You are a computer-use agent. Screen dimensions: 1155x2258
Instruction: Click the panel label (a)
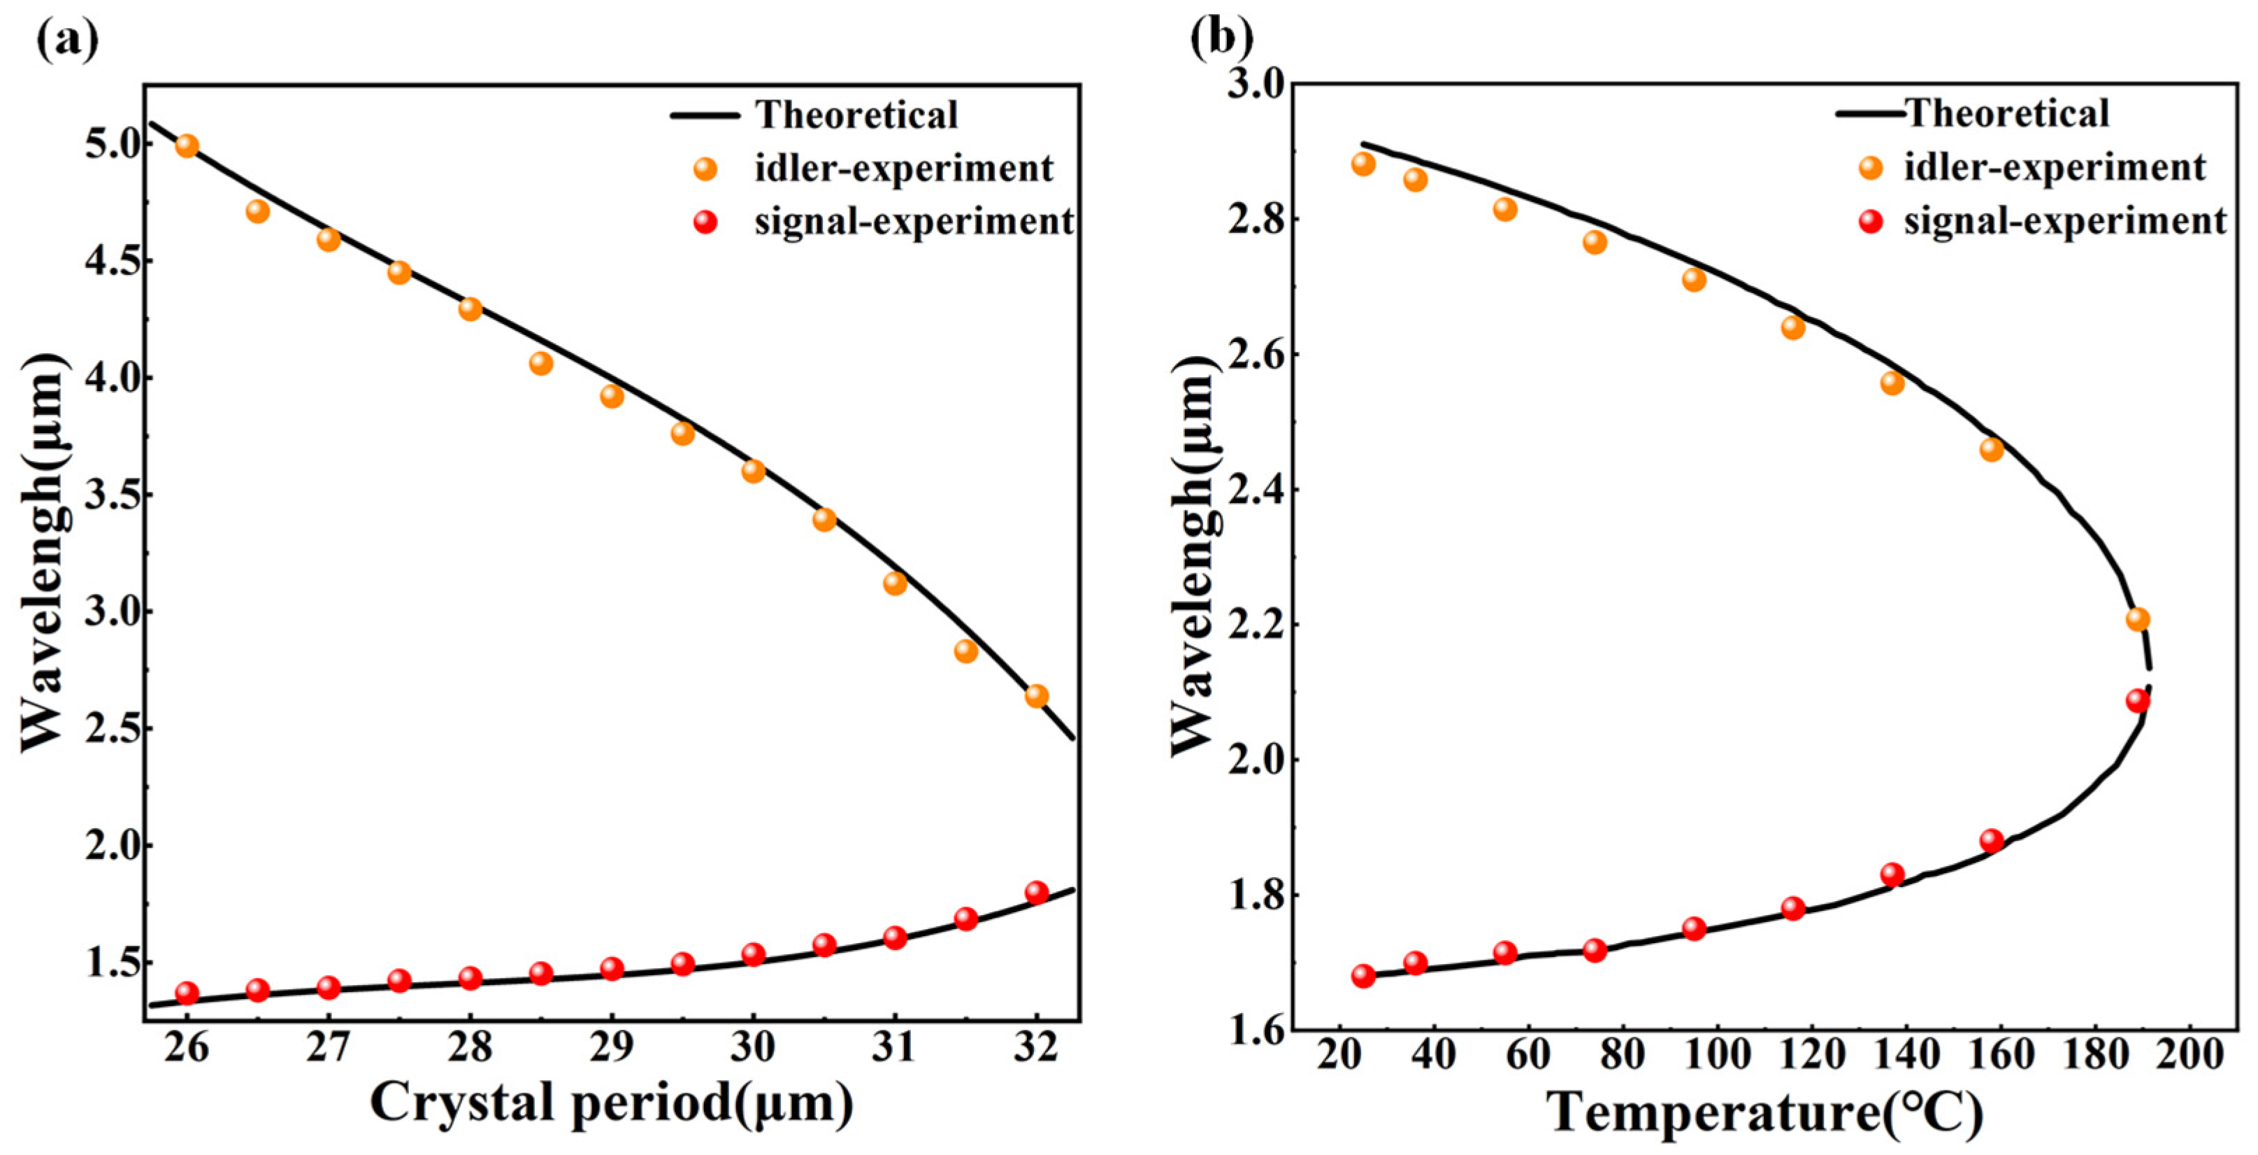click(66, 38)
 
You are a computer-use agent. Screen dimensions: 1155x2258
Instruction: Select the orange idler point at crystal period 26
click(187, 146)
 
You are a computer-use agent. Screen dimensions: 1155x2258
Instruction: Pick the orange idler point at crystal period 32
click(1036, 695)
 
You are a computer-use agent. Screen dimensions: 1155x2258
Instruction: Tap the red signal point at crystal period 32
click(1036, 892)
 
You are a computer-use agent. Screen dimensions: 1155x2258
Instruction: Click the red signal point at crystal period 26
click(187, 993)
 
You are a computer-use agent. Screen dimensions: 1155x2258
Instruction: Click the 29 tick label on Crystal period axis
click(611, 1048)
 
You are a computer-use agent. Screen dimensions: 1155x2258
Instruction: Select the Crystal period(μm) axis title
click(611, 1103)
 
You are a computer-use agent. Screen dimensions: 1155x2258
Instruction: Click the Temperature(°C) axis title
click(1764, 1112)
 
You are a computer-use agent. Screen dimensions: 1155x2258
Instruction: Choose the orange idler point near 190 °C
click(2138, 619)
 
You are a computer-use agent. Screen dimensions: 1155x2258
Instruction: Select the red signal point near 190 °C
click(2138, 700)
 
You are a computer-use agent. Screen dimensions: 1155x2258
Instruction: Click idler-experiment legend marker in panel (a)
click(705, 169)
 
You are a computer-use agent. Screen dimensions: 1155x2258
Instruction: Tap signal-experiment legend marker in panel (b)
click(1871, 221)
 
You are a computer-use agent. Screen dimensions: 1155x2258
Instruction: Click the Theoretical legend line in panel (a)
click(703, 115)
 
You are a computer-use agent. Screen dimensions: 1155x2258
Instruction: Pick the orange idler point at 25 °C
click(1363, 164)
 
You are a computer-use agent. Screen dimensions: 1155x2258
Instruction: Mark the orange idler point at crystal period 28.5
click(541, 362)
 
